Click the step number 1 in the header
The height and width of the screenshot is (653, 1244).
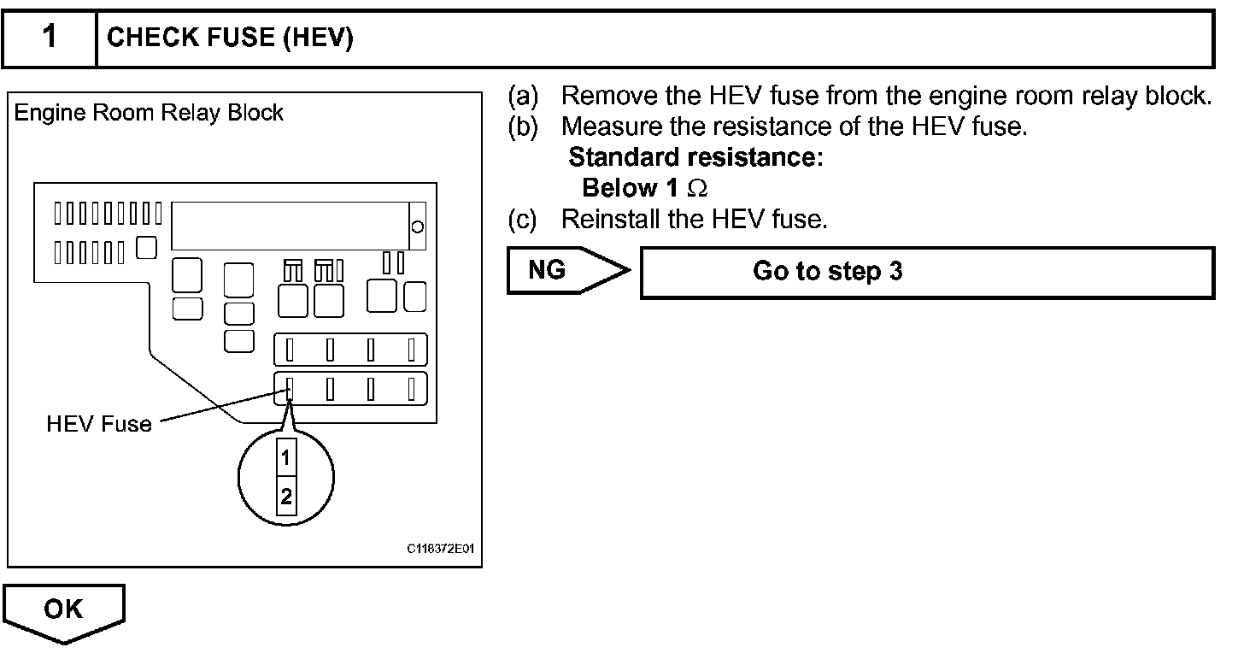coord(50,38)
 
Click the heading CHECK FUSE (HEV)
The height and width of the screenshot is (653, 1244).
coord(230,38)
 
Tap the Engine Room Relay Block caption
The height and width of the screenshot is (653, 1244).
coord(150,113)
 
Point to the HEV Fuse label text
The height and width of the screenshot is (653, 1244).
coord(99,424)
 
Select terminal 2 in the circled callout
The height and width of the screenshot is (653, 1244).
coord(285,496)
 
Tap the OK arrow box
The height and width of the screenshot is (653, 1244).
coord(65,610)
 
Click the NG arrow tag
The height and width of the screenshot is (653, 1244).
coord(564,270)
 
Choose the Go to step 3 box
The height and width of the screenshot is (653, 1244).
coord(927,272)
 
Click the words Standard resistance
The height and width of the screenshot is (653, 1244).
coord(695,158)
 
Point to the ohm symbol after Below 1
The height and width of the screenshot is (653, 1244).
coord(697,188)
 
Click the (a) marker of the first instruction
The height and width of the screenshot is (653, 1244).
coord(523,96)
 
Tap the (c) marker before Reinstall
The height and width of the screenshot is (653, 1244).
coord(523,220)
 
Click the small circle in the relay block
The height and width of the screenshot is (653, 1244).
coord(418,226)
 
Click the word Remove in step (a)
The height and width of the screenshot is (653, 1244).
coord(603,96)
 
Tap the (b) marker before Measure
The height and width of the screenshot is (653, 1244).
coord(523,126)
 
